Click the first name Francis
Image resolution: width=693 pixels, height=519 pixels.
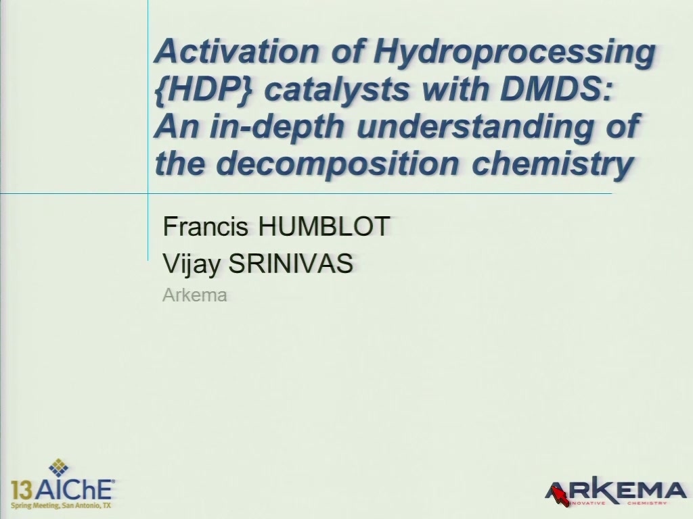[205, 226]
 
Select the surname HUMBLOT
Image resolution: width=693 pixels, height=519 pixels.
[323, 226]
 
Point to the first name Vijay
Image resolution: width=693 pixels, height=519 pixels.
[191, 264]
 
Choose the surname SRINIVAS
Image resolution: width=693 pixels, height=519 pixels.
[290, 264]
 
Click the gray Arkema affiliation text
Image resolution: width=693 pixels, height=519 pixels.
[194, 295]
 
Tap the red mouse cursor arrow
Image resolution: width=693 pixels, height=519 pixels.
[560, 495]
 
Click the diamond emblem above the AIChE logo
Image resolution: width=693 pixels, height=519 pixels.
[58, 468]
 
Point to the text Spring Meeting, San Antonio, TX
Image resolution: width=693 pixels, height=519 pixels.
[61, 505]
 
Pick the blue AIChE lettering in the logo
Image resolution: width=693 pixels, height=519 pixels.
[73, 489]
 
